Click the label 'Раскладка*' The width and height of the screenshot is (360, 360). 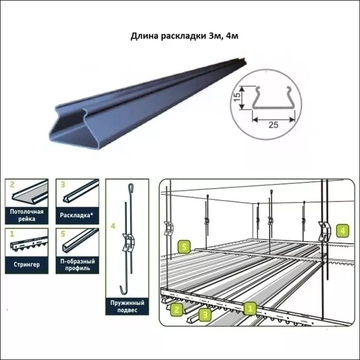pyautogui.click(x=76, y=213)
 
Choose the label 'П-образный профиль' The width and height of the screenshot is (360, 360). pyautogui.click(x=76, y=264)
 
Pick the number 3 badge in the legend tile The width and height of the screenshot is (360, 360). pyautogui.click(x=63, y=185)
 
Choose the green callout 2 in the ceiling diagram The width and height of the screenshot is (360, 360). pyautogui.click(x=178, y=309)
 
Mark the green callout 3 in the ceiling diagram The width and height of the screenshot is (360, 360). pyautogui.click(x=204, y=313)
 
